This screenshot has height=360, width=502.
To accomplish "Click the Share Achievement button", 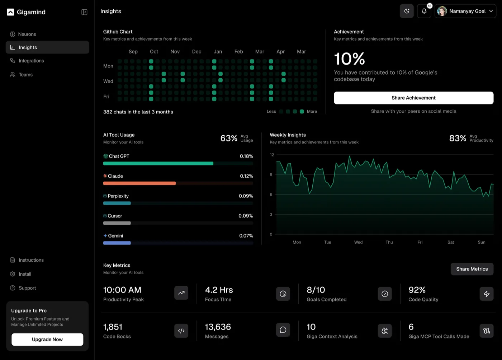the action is (413, 98).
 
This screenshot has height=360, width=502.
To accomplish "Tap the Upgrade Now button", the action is (47, 340).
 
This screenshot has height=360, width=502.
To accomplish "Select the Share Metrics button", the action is (472, 269).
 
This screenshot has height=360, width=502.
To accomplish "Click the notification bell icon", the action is (424, 11).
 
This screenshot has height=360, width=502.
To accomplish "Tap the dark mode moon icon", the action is (407, 11).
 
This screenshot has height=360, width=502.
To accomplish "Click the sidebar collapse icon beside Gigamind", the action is (84, 12).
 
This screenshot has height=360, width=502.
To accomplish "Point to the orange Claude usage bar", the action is (139, 183).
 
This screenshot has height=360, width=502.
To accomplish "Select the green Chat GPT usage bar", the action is (158, 164).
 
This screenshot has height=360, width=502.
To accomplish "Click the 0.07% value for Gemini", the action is (246, 236).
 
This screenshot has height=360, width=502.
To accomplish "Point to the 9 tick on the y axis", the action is (271, 174).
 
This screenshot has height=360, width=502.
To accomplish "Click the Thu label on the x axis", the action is (389, 242).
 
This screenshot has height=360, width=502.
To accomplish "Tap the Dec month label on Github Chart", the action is (196, 52).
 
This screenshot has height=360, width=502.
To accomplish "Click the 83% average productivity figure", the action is (458, 138).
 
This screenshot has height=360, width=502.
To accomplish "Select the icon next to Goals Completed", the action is (385, 294).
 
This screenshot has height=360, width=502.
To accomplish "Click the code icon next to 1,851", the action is (181, 331).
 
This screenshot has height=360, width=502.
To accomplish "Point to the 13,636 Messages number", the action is (218, 327).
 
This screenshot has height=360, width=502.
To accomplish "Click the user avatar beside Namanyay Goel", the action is (442, 11).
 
